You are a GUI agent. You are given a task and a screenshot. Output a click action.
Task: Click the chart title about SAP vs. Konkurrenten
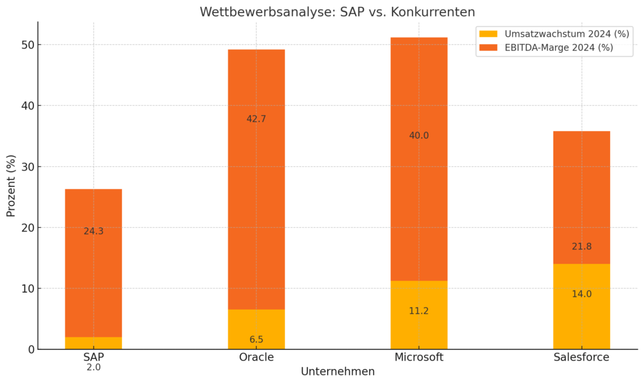pyautogui.click(x=337, y=12)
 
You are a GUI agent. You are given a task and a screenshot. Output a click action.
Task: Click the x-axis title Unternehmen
pyautogui.click(x=338, y=371)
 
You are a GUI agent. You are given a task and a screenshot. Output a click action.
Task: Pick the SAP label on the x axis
pyautogui.click(x=93, y=357)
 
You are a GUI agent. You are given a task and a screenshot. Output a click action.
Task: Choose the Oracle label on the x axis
pyautogui.click(x=257, y=357)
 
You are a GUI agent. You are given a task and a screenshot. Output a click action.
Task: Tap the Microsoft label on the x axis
pyautogui.click(x=419, y=357)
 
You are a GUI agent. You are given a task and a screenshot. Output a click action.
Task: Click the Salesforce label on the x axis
pyautogui.click(x=582, y=357)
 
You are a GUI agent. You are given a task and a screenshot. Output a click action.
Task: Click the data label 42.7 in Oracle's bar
pyautogui.click(x=257, y=119)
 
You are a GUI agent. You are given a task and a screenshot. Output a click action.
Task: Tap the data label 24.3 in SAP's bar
pyautogui.click(x=93, y=231)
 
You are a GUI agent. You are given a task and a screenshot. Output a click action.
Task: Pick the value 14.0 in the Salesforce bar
pyautogui.click(x=582, y=294)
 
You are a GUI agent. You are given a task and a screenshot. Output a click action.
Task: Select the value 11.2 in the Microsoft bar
pyautogui.click(x=419, y=311)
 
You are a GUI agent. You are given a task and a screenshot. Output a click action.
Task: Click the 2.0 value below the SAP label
pyautogui.click(x=93, y=367)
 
